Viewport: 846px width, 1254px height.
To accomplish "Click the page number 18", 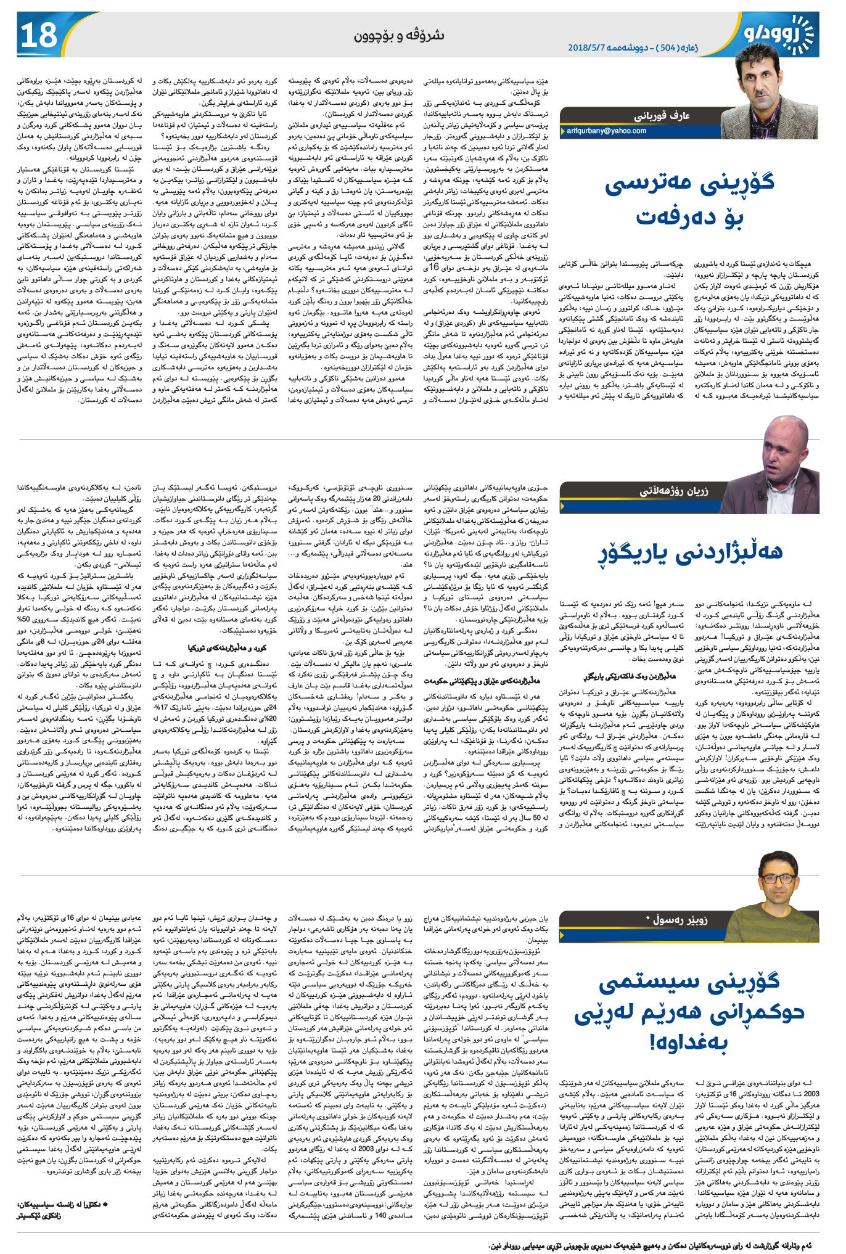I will [x=39, y=35].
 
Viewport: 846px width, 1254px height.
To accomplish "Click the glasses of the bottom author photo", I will [x=778, y=878].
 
